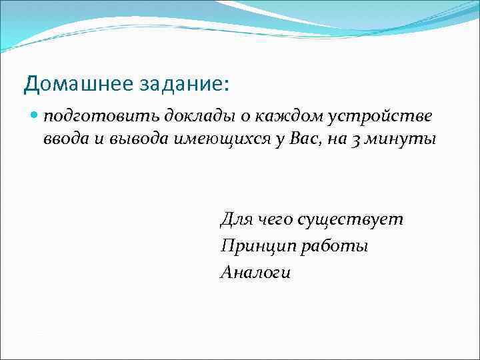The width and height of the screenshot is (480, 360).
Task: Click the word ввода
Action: point(62,140)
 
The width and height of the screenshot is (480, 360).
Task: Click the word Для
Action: point(235,220)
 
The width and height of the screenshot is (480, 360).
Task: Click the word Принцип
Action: point(257,247)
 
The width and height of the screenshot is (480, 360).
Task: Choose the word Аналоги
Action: point(255,273)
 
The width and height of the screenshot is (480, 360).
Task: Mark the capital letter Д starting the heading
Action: point(30,84)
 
